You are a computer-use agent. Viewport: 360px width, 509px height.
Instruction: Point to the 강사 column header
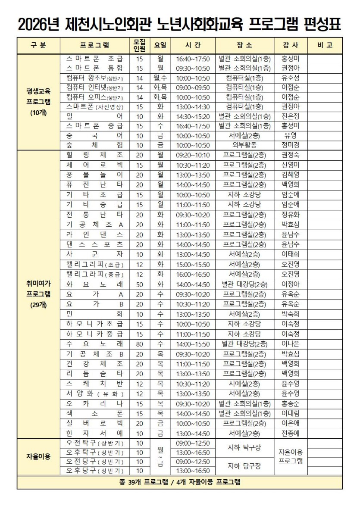[x=291, y=45]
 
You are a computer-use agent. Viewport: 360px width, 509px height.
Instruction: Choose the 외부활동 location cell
[x=244, y=145]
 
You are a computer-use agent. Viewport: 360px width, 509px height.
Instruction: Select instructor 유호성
[x=291, y=78]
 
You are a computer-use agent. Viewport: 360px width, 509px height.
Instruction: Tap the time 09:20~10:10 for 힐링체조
[x=193, y=155]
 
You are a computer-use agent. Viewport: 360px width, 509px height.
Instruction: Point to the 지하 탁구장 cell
[x=244, y=447]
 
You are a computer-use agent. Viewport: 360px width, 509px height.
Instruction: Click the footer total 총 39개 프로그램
[x=179, y=482]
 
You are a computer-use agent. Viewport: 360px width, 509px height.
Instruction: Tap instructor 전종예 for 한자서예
[x=291, y=433]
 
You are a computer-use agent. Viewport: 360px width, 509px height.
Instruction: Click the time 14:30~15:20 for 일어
[x=193, y=116]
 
